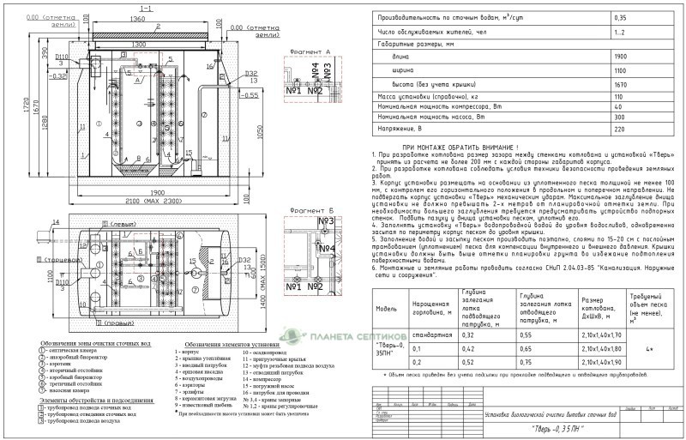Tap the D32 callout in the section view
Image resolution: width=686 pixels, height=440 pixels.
coord(251,74)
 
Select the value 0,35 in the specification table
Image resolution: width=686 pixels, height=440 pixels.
coord(620,17)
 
